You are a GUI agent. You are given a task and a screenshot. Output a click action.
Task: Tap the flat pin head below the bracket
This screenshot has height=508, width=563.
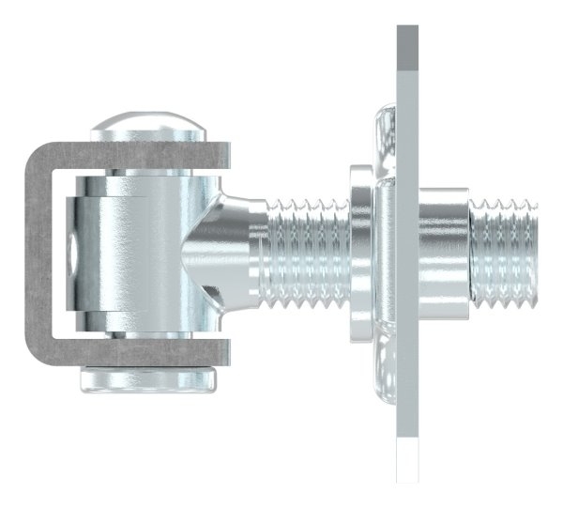click(x=150, y=379)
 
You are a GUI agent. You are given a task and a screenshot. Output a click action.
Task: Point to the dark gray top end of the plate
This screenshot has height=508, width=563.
click(x=408, y=47)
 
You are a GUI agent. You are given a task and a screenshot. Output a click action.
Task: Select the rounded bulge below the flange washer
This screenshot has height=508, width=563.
click(x=385, y=371)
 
